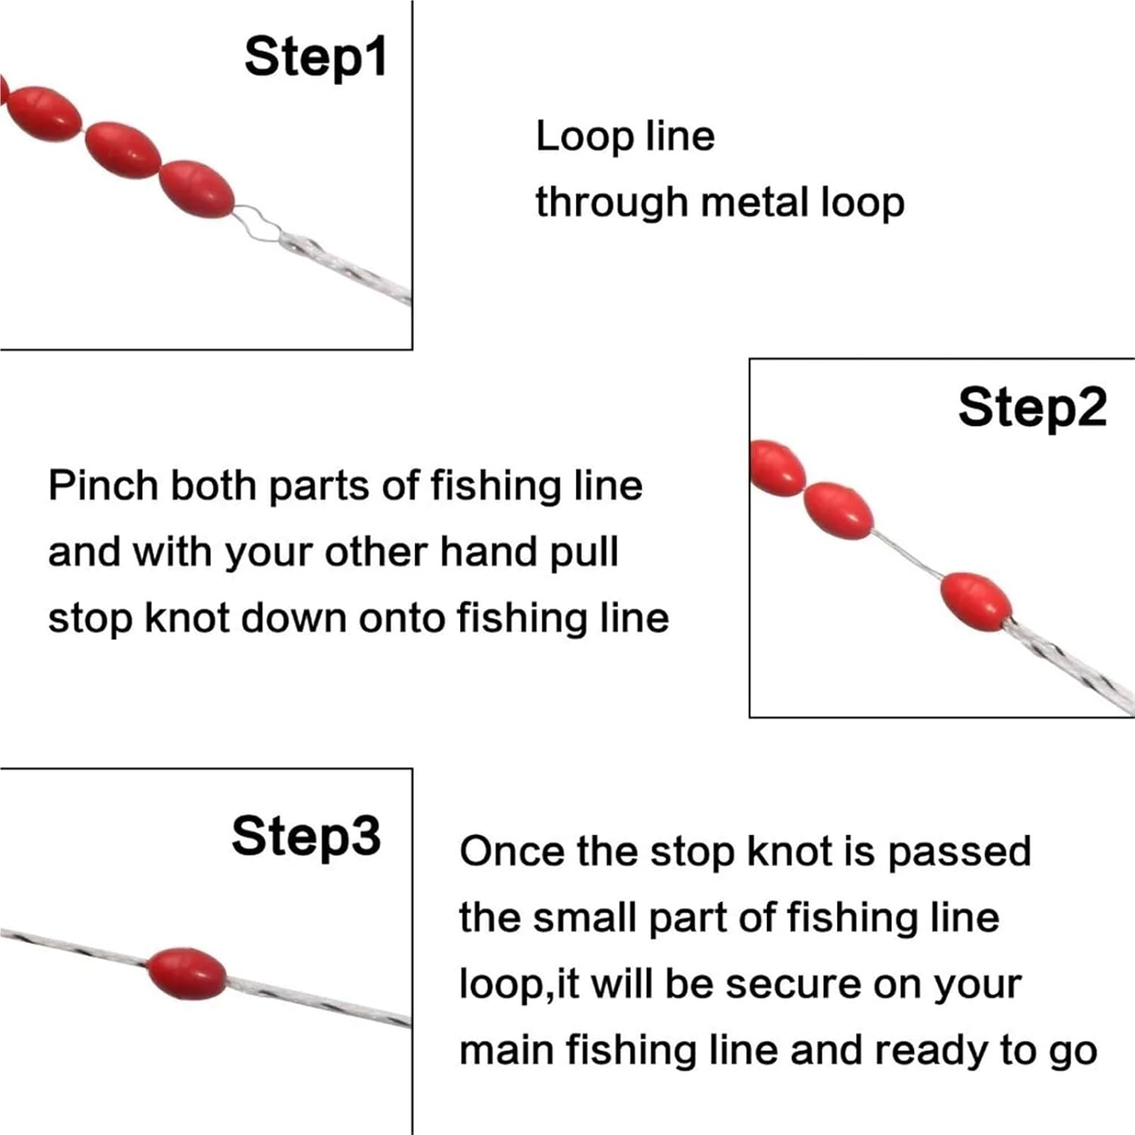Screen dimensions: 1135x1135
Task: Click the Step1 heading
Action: coord(315,58)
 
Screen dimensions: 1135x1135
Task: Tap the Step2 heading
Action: coord(1032,409)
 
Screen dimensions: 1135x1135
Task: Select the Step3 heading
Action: coord(306,837)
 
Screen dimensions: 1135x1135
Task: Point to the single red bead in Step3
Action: coord(186,973)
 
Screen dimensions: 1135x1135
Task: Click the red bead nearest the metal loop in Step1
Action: coord(197,188)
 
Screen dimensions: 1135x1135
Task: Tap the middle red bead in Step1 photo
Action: coord(122,150)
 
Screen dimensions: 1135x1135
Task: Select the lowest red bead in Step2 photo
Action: coord(975,602)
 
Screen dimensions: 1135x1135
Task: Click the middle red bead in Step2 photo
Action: coord(837,510)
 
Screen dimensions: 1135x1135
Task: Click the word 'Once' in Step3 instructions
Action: coord(511,851)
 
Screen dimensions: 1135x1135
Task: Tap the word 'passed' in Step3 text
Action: coord(959,853)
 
